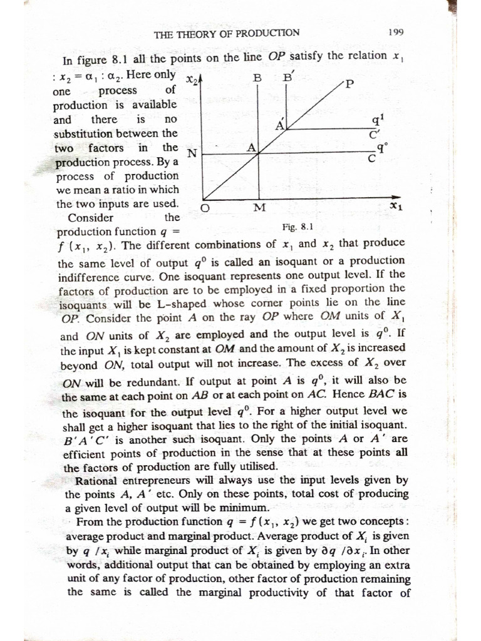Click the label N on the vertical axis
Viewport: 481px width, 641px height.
tap(192, 153)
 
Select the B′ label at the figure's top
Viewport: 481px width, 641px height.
tap(289, 78)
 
